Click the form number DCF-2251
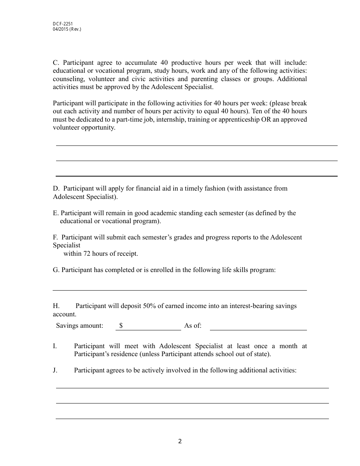63,24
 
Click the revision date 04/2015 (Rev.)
67,29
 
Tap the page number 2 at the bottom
180,441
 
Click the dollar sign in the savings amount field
121,325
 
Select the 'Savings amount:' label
80,325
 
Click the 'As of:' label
193,325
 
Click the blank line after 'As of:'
258,329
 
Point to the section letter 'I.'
55,346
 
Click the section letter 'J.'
55,370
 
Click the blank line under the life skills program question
179,290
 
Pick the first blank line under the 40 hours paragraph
197,145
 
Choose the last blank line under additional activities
192,418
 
